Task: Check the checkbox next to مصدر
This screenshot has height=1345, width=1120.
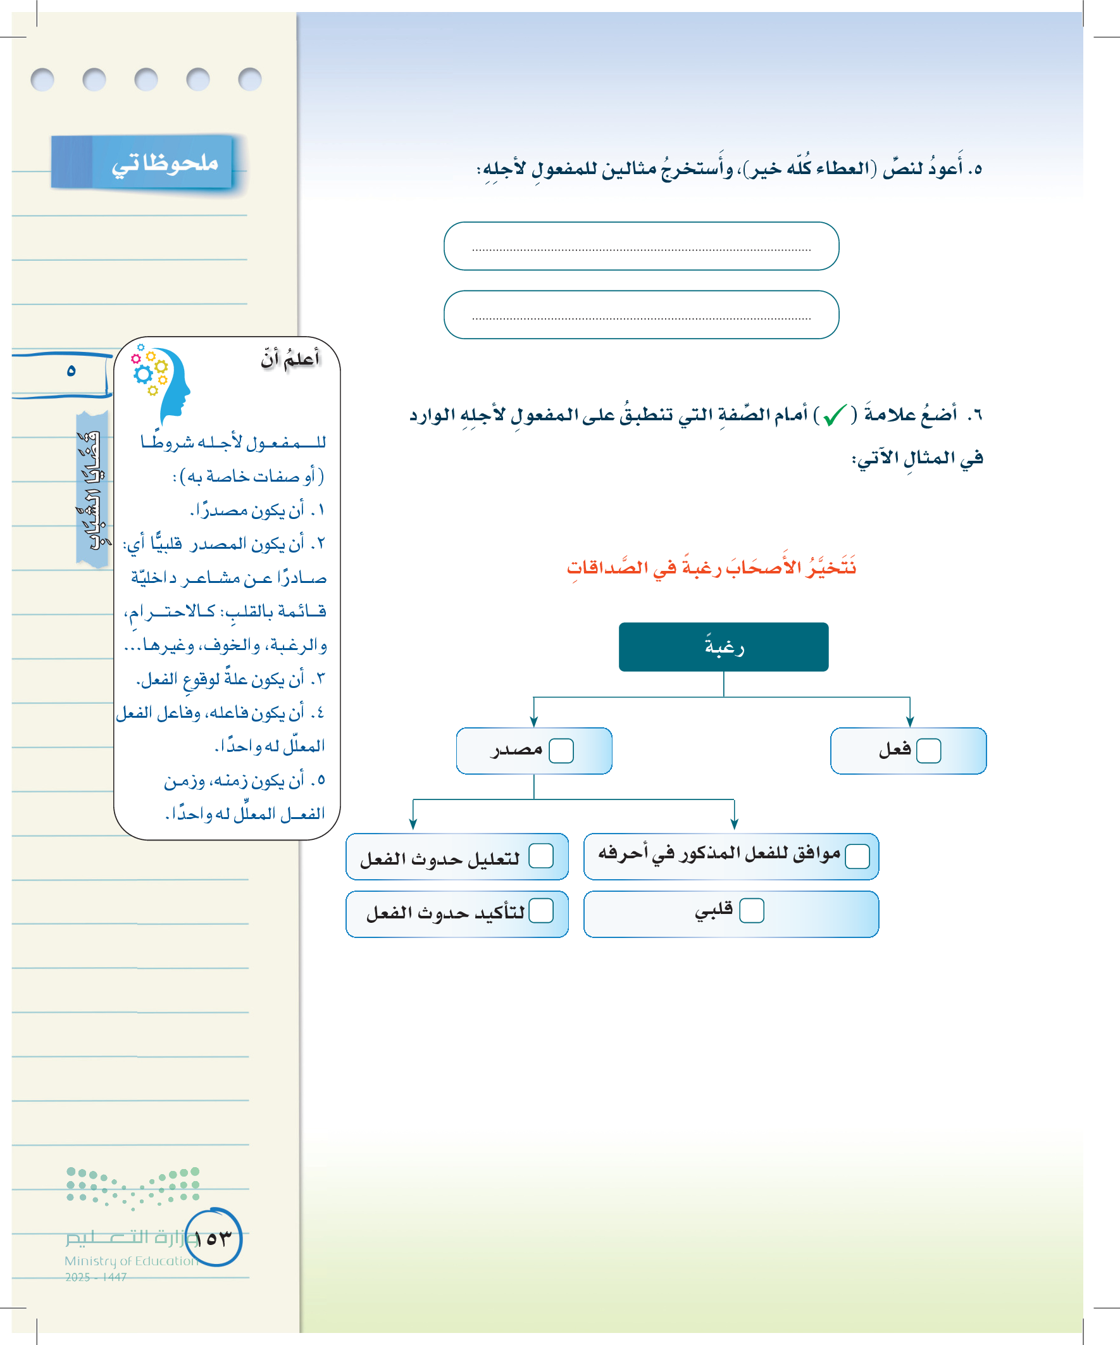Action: point(561,751)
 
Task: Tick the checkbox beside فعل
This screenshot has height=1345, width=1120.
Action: point(928,751)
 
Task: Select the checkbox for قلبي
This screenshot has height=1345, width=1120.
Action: point(751,910)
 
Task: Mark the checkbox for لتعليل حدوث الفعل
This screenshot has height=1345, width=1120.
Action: point(540,856)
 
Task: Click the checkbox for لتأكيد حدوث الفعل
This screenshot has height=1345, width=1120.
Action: point(540,910)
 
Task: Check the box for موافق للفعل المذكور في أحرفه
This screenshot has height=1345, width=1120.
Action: point(857,856)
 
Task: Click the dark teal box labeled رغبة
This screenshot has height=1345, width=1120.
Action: point(723,647)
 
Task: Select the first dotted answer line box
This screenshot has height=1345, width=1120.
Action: point(641,246)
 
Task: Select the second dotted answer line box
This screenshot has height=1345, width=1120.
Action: point(641,315)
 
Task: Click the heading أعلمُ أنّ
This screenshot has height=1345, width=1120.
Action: point(290,360)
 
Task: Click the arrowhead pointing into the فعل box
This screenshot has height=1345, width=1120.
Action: point(909,722)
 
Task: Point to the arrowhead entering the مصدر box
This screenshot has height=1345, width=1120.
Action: point(533,722)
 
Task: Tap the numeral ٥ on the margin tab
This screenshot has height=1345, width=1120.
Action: point(71,371)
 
